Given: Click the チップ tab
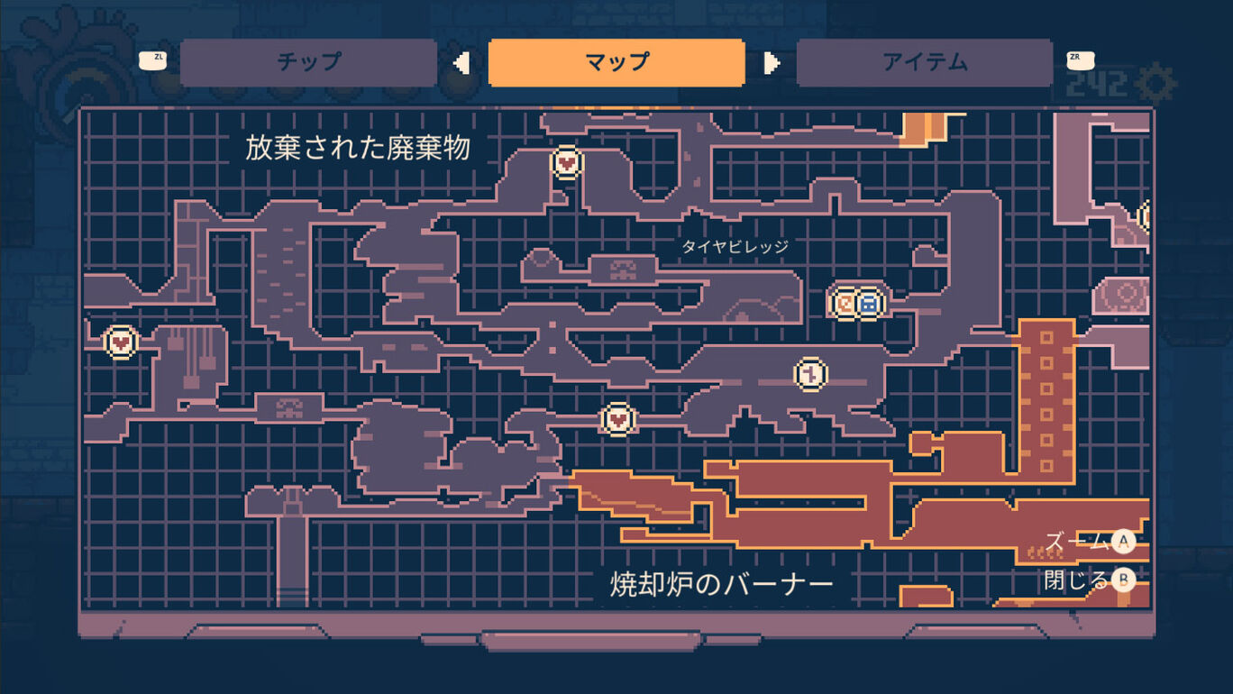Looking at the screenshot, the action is (x=308, y=62).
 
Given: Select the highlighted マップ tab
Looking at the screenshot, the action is (x=616, y=62).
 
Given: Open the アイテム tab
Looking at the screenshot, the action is (x=925, y=62).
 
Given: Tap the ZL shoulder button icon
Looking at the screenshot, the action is (x=152, y=60).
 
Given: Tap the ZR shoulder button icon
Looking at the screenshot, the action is (x=1081, y=60).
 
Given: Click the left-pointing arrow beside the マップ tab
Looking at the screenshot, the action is (x=461, y=63).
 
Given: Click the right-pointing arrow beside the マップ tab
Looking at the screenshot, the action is (x=772, y=63).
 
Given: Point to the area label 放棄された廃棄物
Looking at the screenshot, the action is (x=358, y=148).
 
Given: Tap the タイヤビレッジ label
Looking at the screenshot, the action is (x=735, y=247).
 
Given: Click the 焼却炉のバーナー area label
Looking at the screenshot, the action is (x=722, y=584).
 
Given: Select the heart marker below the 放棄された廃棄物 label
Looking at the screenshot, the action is (x=567, y=162).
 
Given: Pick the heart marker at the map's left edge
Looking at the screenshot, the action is (x=121, y=342).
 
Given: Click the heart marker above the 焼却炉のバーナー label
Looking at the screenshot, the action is (x=618, y=419).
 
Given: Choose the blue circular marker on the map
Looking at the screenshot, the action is (x=869, y=303).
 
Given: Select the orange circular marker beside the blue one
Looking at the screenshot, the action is (x=844, y=303).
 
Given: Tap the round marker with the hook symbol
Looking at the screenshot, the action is (x=810, y=374).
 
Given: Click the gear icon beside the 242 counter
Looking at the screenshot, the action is (x=1155, y=84).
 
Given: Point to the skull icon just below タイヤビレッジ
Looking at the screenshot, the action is (x=623, y=269).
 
